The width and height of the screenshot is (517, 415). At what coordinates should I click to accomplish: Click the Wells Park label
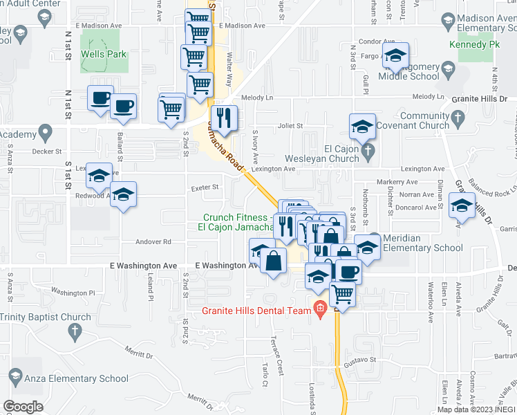click(104, 53)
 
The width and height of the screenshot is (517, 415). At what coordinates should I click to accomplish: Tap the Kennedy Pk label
click(473, 44)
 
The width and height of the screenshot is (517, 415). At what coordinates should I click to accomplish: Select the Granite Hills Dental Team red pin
click(319, 308)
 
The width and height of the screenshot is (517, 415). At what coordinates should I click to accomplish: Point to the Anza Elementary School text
click(76, 378)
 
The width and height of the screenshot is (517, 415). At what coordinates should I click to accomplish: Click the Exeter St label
click(205, 187)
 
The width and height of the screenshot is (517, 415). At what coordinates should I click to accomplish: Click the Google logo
click(22, 406)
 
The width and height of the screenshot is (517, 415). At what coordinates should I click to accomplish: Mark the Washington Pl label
click(73, 293)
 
